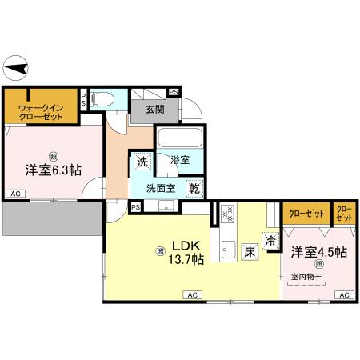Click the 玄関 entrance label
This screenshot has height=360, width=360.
click(x=156, y=110)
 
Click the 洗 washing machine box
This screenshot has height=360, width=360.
click(x=142, y=161)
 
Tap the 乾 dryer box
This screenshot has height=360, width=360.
click(x=194, y=189)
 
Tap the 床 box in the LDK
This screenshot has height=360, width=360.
click(x=250, y=250)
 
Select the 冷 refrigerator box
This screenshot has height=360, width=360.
click(x=271, y=238)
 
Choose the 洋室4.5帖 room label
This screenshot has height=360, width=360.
click(x=318, y=251)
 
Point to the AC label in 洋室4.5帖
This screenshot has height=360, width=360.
click(x=343, y=295)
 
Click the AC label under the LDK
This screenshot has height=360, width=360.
click(x=192, y=295)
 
